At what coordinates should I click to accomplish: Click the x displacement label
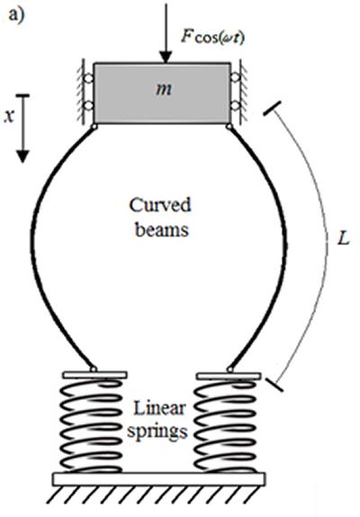9,118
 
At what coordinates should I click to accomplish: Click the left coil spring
93,423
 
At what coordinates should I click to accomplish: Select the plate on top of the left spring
93,372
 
